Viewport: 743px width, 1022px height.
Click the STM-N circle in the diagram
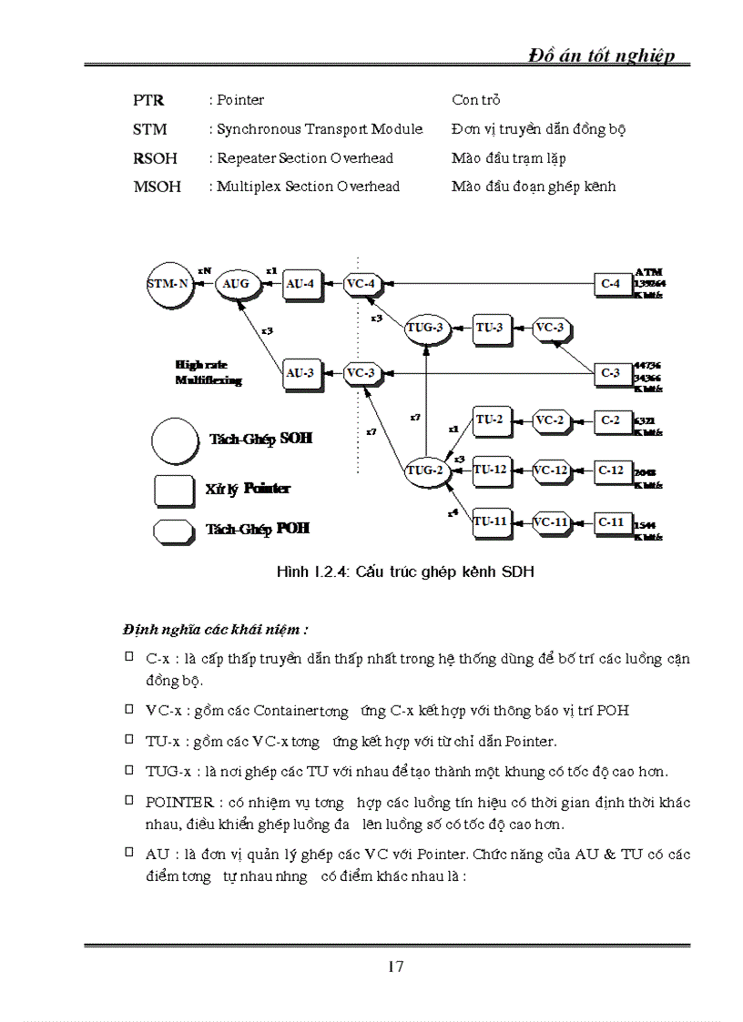(x=169, y=284)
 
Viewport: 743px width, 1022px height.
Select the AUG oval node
(x=236, y=284)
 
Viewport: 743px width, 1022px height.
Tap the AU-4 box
(x=300, y=284)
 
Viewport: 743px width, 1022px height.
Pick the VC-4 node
(x=361, y=284)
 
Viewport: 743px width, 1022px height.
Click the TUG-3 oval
(x=427, y=328)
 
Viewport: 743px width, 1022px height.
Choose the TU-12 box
(x=490, y=471)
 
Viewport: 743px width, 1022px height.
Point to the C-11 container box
(x=611, y=522)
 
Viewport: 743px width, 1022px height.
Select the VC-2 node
(x=549, y=420)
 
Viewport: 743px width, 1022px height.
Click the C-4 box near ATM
(x=611, y=284)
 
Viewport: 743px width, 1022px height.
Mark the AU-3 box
(x=300, y=372)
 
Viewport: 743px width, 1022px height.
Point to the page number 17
(x=395, y=966)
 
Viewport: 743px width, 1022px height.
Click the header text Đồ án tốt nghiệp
(x=602, y=56)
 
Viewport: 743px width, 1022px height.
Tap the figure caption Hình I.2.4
(x=405, y=572)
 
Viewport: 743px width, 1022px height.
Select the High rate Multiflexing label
(x=209, y=373)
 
